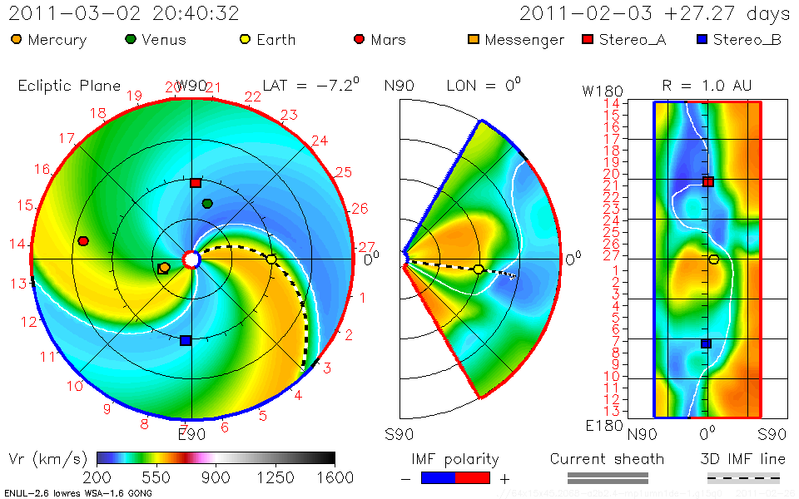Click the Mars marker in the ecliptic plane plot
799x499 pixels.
[83, 241]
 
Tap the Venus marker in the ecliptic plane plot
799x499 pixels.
[207, 204]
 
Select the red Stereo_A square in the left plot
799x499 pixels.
[196, 183]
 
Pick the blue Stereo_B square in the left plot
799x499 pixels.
[186, 340]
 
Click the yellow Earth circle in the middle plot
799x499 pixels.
[478, 269]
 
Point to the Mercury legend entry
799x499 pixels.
[50, 40]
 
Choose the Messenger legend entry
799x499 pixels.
[516, 40]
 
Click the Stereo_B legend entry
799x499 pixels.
[739, 40]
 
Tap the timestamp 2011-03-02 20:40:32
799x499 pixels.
[124, 14]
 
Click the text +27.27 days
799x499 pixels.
[724, 14]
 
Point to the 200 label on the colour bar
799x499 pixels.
[98, 477]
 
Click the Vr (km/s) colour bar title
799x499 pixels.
[47, 458]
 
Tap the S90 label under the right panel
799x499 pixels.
[761, 433]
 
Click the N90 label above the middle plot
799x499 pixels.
[399, 86]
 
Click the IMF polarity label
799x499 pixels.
[455, 459]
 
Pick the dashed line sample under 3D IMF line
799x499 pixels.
[743, 478]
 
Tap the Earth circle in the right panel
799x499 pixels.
[713, 259]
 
